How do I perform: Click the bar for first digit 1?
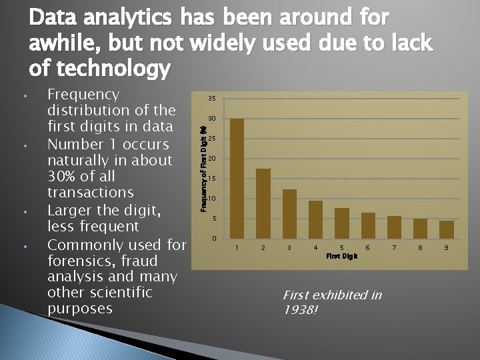tap(237, 178)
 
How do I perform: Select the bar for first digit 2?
tap(263, 203)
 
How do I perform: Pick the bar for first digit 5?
tap(342, 223)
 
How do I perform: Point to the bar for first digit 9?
tap(447, 229)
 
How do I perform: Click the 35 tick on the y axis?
tap(211, 99)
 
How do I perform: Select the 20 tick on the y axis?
tap(211, 159)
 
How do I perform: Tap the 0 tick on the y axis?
tap(213, 238)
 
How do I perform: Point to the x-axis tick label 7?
tap(394, 247)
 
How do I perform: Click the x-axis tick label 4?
tap(315, 247)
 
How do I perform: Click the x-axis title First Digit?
tap(342, 255)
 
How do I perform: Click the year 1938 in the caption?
tap(299, 310)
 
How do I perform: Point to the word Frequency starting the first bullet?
tap(83, 95)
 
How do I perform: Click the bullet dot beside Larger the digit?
tap(24, 213)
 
